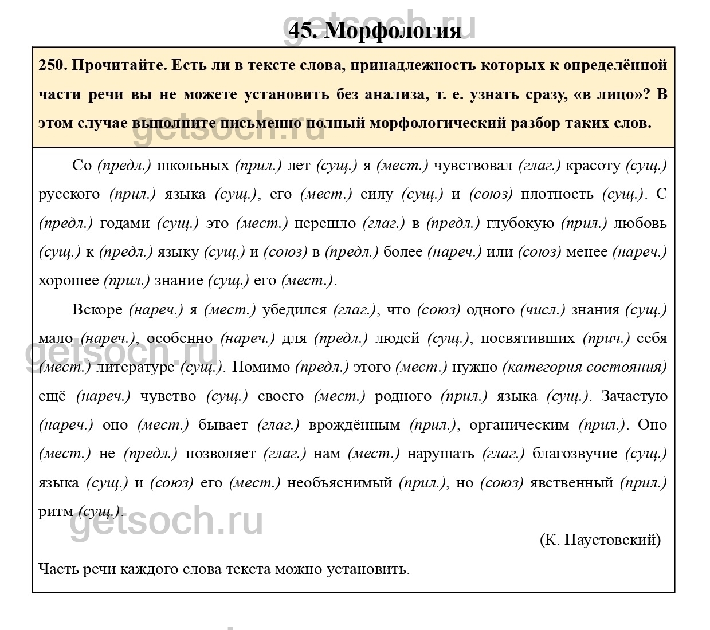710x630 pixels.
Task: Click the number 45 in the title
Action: click(x=302, y=30)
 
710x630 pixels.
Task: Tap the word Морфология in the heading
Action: click(x=393, y=30)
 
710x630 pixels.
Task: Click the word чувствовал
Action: click(x=473, y=166)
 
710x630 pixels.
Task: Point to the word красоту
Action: click(x=593, y=166)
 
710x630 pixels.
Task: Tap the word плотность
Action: click(x=557, y=194)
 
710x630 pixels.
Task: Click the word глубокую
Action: click(x=520, y=223)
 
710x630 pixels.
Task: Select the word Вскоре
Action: click(x=97, y=310)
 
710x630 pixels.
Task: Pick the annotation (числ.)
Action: click(x=542, y=310)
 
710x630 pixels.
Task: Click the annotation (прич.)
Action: click(x=606, y=338)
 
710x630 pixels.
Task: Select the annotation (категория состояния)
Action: click(x=585, y=367)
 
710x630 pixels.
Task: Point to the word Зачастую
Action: click(x=634, y=396)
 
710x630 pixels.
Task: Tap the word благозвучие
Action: click(x=575, y=454)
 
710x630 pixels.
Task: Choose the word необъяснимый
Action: click(x=339, y=483)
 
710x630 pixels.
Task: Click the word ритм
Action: click(x=56, y=511)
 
